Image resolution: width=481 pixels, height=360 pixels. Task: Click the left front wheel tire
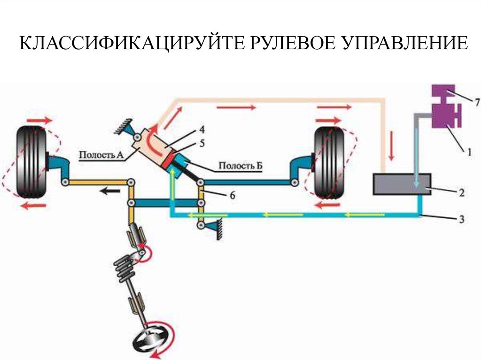pyautogui.click(x=31, y=162)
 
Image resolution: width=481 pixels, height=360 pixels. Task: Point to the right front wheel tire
pyautogui.click(x=329, y=162)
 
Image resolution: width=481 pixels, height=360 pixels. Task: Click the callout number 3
pyautogui.click(x=462, y=218)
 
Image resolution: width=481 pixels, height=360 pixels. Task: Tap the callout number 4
pyautogui.click(x=202, y=128)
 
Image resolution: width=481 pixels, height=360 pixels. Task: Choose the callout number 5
pyautogui.click(x=202, y=143)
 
